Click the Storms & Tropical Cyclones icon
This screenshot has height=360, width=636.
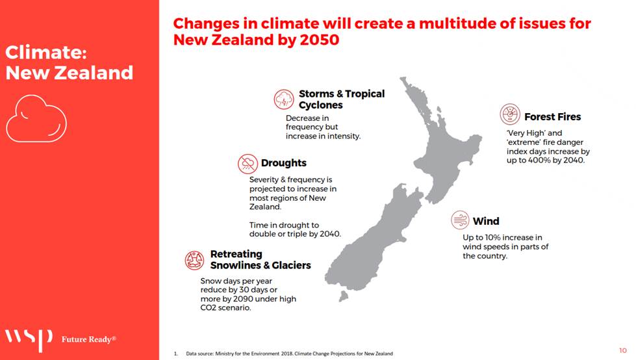click(x=283, y=99)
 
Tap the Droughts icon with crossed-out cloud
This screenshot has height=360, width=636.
click(x=248, y=164)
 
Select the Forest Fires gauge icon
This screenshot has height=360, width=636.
click(x=510, y=114)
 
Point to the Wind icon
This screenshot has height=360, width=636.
click(x=460, y=220)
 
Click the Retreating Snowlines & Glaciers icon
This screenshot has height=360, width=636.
click(x=194, y=260)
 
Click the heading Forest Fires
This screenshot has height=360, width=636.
click(x=552, y=117)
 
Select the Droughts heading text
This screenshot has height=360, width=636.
click(x=283, y=163)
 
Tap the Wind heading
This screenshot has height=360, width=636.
click(x=486, y=221)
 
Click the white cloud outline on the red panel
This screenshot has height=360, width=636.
click(x=36, y=118)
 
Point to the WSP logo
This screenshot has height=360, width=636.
click(x=29, y=339)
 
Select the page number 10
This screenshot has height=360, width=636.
click(x=622, y=350)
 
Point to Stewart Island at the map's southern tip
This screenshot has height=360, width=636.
click(x=344, y=296)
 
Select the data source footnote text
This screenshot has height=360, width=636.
click(x=289, y=354)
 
